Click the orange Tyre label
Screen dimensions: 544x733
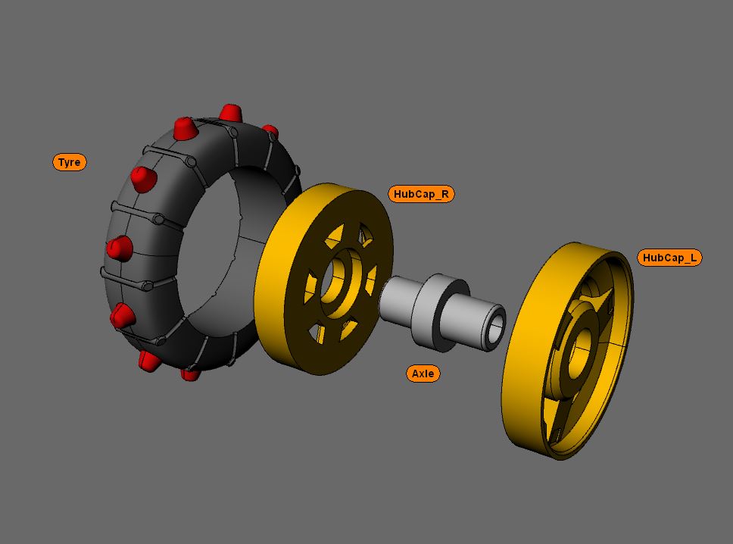click(70, 162)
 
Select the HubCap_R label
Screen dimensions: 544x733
click(423, 194)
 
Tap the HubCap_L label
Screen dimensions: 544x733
click(669, 258)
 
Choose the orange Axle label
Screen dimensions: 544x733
click(423, 374)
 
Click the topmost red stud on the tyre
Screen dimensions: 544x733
click(231, 114)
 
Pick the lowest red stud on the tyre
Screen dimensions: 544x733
click(190, 374)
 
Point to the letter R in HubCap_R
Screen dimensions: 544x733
click(445, 194)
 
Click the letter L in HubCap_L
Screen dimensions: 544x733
click(693, 258)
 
